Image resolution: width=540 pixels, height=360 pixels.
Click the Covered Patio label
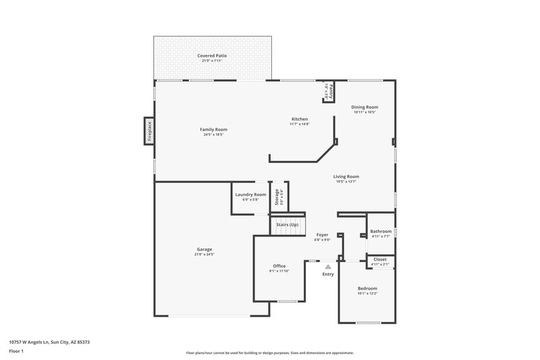212,55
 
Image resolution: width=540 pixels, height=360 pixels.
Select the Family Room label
213,129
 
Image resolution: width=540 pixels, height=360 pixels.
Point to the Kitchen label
299,119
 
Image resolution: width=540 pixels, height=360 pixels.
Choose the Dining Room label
365,107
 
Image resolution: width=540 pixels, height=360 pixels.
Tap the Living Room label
346,176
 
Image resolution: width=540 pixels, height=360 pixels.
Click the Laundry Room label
250,195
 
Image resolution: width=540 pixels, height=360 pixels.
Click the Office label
279,266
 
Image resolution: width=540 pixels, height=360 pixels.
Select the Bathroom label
381,232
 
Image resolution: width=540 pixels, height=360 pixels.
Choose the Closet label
380,259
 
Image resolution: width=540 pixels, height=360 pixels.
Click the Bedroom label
367,288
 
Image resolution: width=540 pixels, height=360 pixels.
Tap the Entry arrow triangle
328,267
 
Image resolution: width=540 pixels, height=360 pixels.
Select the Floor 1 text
17,352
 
